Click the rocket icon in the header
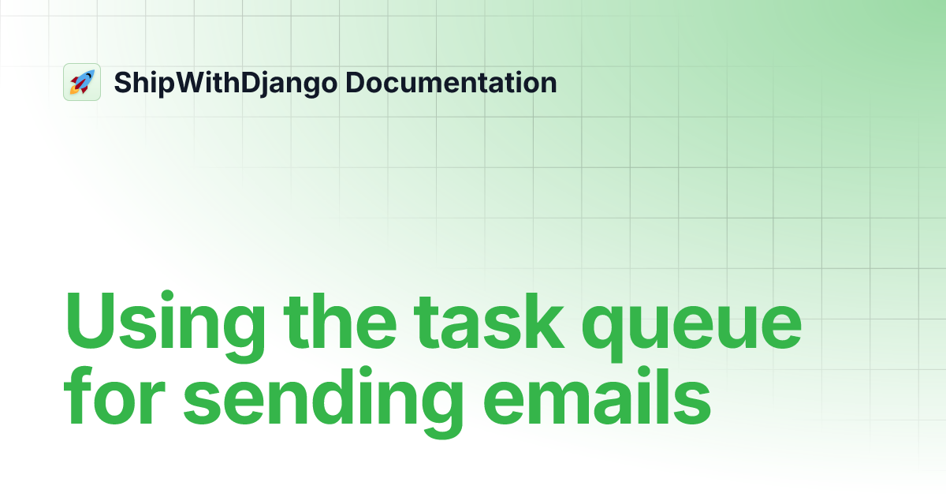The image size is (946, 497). click(82, 82)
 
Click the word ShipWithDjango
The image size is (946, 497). click(225, 83)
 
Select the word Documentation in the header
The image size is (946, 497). click(452, 82)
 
